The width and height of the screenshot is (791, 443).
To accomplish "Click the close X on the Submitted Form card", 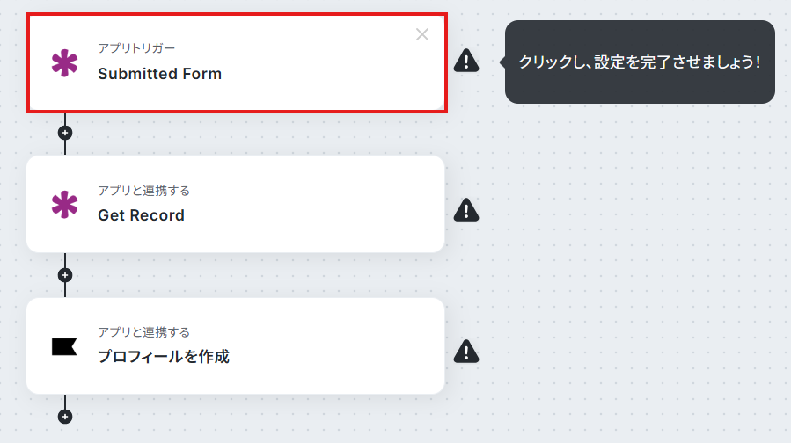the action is (422, 34).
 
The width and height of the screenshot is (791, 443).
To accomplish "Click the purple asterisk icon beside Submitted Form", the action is (64, 63).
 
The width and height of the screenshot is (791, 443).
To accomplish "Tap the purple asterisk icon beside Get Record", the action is (64, 205).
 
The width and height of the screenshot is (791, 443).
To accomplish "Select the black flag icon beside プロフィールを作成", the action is (64, 346).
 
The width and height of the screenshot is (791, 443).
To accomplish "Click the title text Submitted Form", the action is (159, 74).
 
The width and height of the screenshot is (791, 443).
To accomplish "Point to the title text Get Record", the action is (142, 215).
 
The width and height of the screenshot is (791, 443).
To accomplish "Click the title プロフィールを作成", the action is (164, 357).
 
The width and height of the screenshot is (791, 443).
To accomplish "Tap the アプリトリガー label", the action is (136, 48).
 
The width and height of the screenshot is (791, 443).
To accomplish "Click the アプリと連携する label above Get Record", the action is (143, 191).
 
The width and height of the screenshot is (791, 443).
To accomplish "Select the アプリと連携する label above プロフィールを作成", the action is (143, 332).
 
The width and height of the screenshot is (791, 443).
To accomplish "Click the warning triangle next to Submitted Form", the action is (466, 61).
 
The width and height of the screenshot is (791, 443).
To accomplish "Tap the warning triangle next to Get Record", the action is (466, 210).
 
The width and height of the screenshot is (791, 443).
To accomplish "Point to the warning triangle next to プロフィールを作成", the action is (466, 352).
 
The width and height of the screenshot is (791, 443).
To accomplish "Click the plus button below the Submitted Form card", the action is (65, 133).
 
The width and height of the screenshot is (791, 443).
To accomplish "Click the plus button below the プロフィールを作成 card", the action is (65, 417).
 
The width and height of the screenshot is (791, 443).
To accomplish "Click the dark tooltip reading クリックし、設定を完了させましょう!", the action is (640, 62).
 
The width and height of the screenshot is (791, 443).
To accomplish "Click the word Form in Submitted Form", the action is (201, 74).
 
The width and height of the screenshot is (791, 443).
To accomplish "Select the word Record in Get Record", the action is (157, 215).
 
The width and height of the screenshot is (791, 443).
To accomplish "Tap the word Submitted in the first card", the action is (138, 74).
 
